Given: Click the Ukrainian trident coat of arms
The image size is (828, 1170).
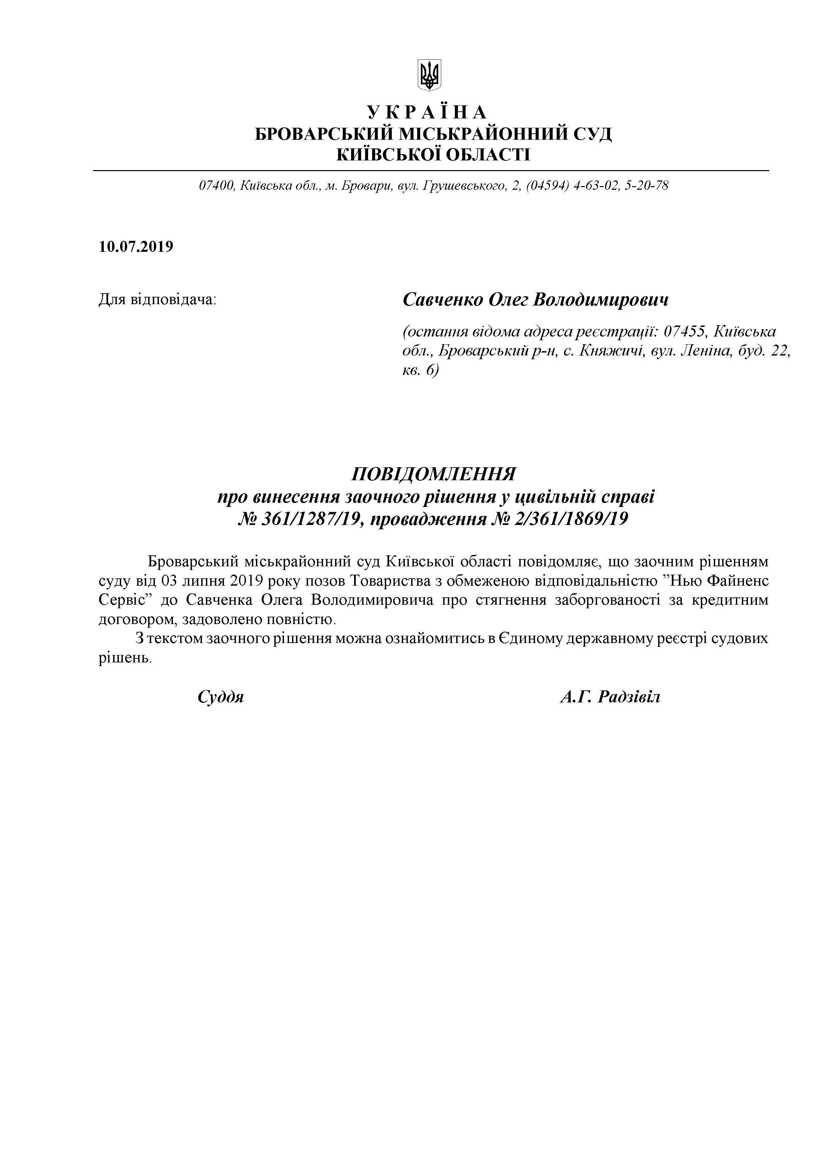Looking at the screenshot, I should click(429, 75).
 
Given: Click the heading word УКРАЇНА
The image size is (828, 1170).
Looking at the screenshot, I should click(427, 112).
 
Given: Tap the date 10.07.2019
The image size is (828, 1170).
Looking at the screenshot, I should click(136, 246).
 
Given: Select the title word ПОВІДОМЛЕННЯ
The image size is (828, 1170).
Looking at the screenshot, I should click(434, 474).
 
